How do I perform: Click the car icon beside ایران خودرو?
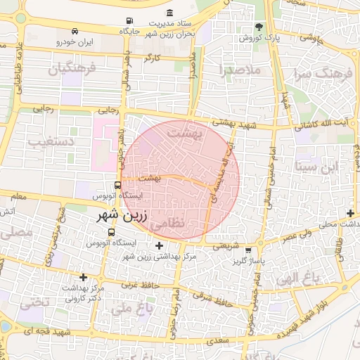click(75, 31)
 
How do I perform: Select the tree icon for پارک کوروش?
click(259, 27)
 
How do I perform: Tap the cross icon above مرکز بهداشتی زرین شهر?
click(159, 246)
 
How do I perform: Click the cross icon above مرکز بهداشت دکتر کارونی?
click(84, 277)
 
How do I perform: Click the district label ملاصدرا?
click(240, 70)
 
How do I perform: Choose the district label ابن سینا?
click(317, 166)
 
